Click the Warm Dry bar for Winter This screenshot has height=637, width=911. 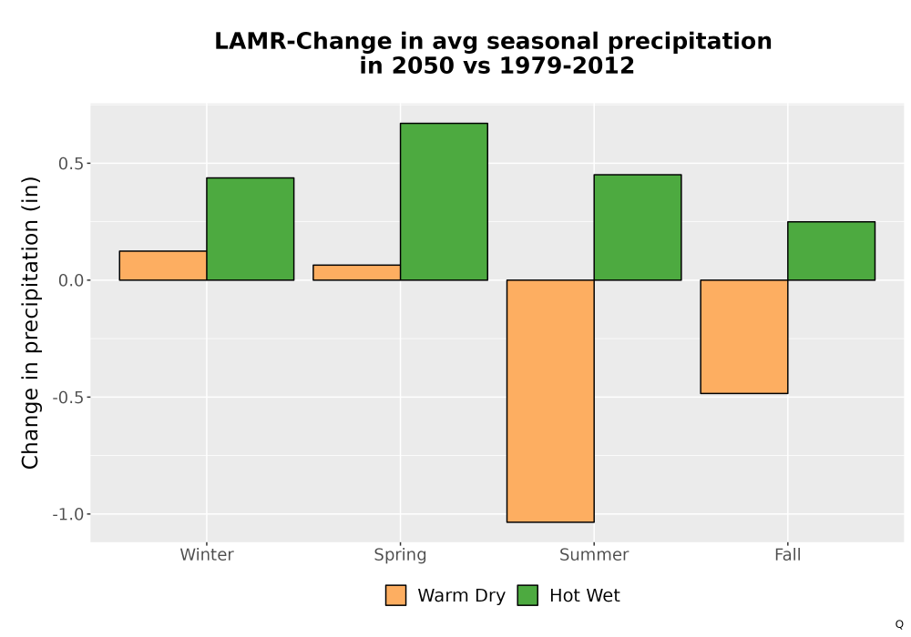click(x=163, y=266)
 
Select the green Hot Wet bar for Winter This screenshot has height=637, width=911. click(x=251, y=229)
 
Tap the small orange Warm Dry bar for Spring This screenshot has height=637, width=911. click(x=357, y=273)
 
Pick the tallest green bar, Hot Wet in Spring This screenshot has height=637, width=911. click(x=444, y=202)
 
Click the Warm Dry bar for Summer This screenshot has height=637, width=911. click(x=550, y=401)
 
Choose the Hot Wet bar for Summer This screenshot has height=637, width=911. click(x=638, y=227)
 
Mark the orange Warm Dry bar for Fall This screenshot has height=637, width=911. click(x=744, y=337)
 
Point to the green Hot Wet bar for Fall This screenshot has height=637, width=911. click(x=832, y=250)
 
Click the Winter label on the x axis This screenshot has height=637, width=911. click(x=207, y=554)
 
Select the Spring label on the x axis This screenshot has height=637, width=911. click(x=400, y=555)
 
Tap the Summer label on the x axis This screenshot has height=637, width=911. click(x=594, y=554)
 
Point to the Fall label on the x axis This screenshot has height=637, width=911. click(x=788, y=554)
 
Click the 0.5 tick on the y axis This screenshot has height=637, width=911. click(x=71, y=164)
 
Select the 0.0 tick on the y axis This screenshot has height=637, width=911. click(x=71, y=281)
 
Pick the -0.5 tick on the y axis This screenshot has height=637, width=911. click(x=68, y=398)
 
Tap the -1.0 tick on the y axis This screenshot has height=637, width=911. click(x=68, y=514)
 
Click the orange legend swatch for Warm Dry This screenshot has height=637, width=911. click(x=395, y=595)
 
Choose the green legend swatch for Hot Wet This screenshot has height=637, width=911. click(x=527, y=595)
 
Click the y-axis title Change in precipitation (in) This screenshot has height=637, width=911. click(x=30, y=322)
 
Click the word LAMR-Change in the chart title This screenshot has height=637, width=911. click(x=303, y=41)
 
